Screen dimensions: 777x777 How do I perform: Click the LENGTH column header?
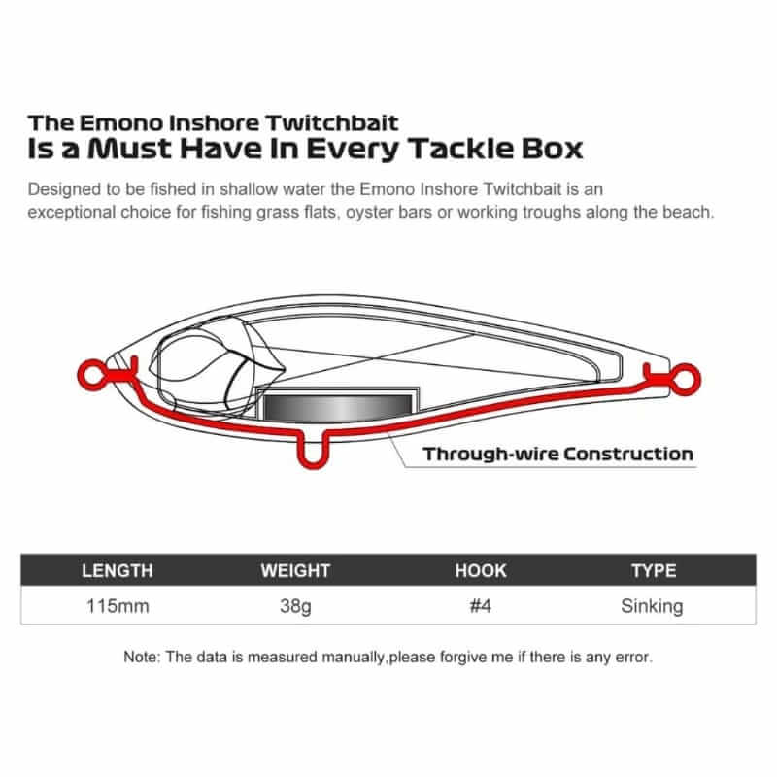pyautogui.click(x=117, y=570)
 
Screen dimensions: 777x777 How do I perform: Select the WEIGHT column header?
pyautogui.click(x=295, y=570)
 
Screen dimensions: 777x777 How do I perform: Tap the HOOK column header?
pyautogui.click(x=481, y=570)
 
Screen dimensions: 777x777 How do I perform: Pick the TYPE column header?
pyautogui.click(x=654, y=570)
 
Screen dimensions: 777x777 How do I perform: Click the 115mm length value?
pyautogui.click(x=118, y=606)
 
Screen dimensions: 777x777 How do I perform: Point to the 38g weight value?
pyautogui.click(x=295, y=606)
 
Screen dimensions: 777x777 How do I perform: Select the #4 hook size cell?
pyautogui.click(x=480, y=606)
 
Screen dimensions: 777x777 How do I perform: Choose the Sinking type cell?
pyautogui.click(x=652, y=606)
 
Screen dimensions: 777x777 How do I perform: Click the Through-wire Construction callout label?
pyautogui.click(x=557, y=454)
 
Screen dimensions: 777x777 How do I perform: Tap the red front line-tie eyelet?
pyautogui.click(x=93, y=375)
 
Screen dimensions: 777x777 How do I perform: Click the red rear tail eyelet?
pyautogui.click(x=685, y=380)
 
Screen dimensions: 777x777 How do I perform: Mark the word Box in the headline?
pyautogui.click(x=552, y=149)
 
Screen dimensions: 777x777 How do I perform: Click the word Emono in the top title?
pyautogui.click(x=120, y=123)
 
